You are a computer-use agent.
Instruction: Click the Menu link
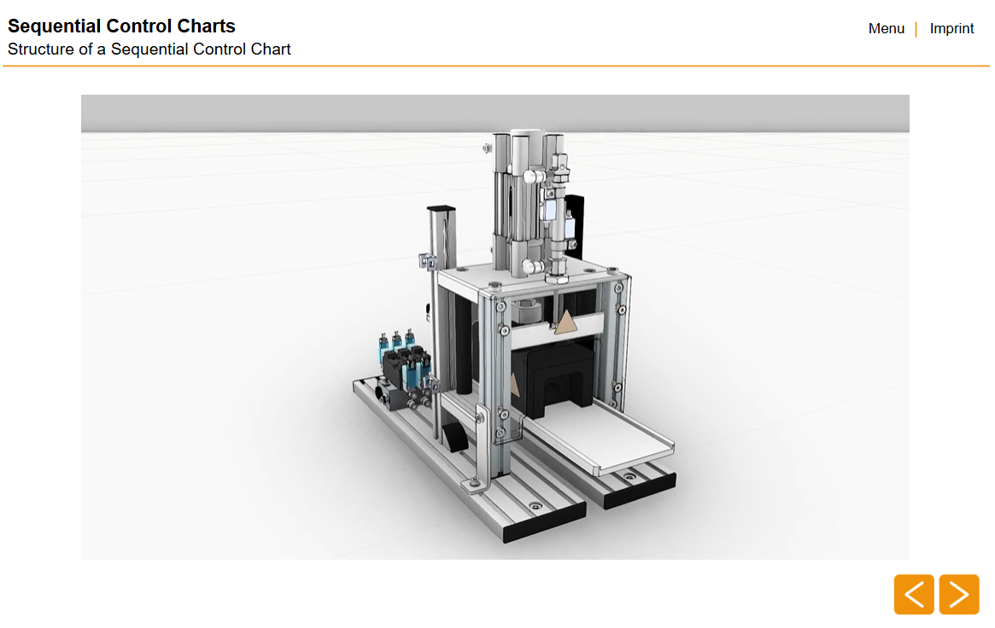click(886, 28)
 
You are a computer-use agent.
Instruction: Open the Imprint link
click(951, 28)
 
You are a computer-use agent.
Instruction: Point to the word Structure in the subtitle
click(41, 49)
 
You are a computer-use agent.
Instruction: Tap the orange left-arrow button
click(914, 595)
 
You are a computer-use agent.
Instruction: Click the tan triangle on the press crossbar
click(565, 323)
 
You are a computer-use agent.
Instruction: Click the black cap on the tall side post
click(441, 209)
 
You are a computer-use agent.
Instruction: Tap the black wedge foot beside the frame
click(456, 437)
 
